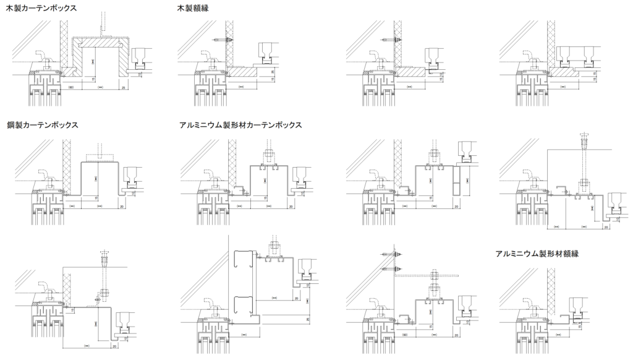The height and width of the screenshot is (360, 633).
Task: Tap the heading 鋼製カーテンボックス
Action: tap(42, 125)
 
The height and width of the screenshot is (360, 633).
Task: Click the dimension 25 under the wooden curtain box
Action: tap(124, 88)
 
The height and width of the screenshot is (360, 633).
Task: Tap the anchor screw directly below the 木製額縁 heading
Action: tap(223, 39)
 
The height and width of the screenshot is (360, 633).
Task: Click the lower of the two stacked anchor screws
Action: tap(394, 269)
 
